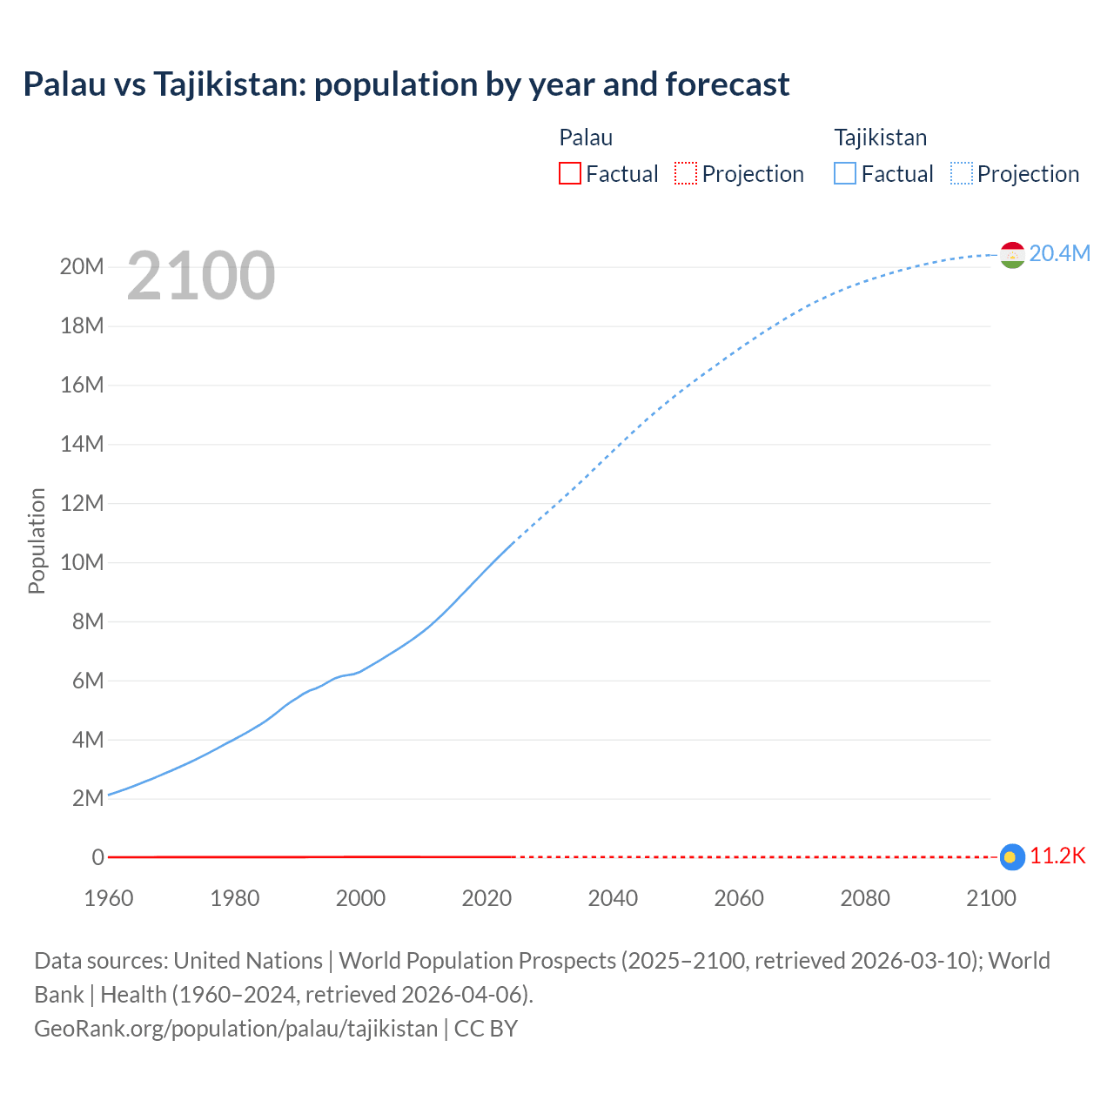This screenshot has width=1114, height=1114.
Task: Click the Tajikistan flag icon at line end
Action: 1012,254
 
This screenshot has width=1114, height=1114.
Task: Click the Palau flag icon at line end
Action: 1012,857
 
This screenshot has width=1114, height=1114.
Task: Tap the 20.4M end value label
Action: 1059,253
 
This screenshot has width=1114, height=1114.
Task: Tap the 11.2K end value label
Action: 1057,856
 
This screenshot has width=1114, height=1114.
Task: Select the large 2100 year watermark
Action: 201,276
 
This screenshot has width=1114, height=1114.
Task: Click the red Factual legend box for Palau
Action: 569,173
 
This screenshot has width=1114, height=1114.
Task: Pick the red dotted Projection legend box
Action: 686,173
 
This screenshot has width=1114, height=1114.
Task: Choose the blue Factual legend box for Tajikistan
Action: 844,173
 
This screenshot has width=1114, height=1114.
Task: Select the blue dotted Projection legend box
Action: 962,173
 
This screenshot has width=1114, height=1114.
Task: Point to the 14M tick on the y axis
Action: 82,444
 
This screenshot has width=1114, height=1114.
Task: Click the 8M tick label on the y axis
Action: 88,621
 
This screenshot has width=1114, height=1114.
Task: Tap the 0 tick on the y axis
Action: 97,857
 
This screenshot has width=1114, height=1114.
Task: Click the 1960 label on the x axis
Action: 109,898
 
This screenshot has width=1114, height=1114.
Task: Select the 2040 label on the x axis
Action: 613,898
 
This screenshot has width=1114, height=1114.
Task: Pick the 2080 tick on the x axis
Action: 865,898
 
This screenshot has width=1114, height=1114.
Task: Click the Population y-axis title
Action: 37,540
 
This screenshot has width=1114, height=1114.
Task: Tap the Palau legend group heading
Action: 586,138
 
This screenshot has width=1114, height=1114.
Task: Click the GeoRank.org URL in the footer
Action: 236,1028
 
